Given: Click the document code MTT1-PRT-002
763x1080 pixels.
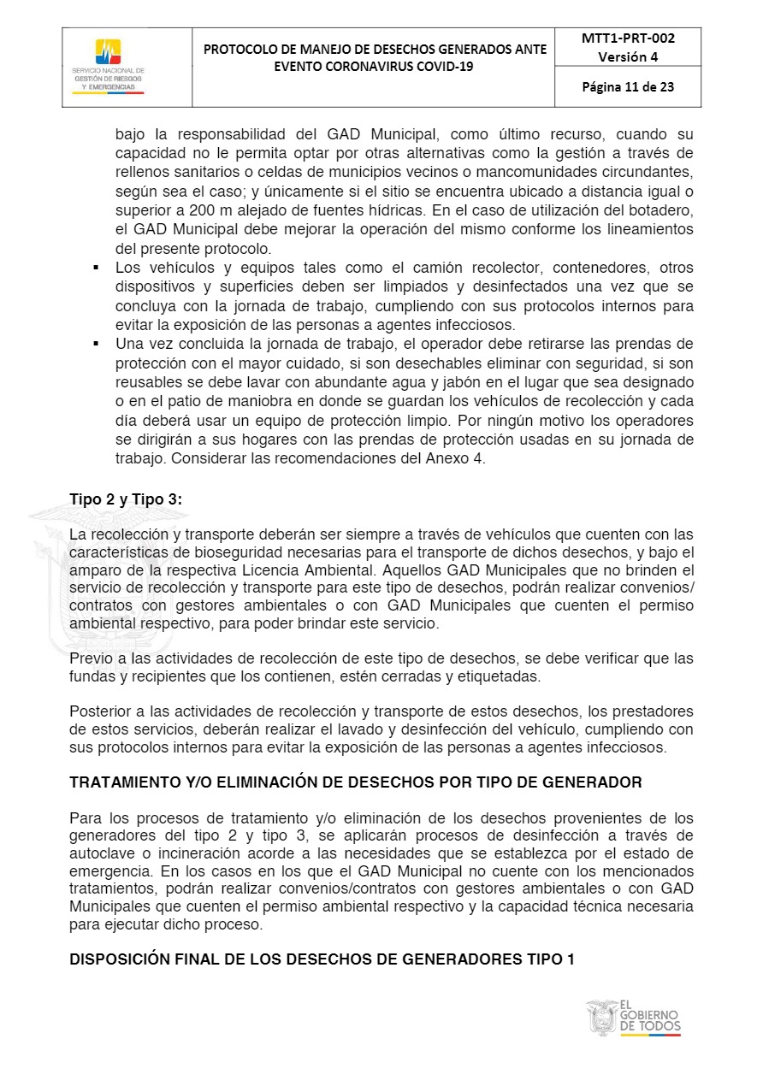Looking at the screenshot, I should (x=628, y=38).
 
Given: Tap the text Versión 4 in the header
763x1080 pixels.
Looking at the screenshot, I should (x=628, y=57).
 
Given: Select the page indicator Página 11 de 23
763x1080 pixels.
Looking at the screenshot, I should (x=628, y=86).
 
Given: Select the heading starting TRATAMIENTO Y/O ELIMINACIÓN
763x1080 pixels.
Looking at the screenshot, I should (x=355, y=782).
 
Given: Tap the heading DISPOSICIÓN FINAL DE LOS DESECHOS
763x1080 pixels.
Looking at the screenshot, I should (x=322, y=959).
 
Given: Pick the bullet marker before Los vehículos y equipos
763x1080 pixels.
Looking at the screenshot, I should (x=98, y=268).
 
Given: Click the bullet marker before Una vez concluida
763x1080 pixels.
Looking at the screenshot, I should (x=98, y=344).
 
